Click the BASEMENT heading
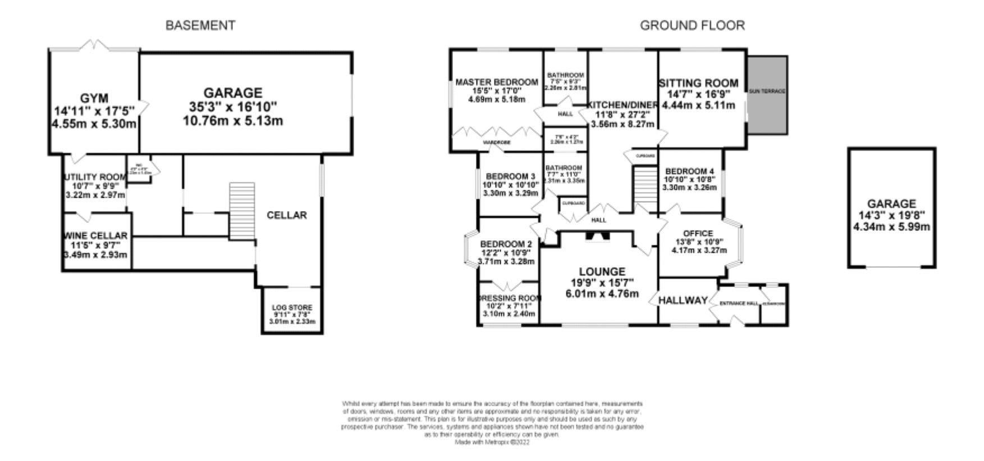coord(200,25)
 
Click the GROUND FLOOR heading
coord(692,25)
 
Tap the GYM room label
coord(94,99)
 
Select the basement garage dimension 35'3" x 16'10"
coord(232,107)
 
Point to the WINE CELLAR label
coord(96,235)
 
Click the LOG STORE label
coord(292,307)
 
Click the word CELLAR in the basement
coord(286,215)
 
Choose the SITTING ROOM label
coord(698,84)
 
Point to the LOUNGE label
coord(601,272)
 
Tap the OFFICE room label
coord(698,233)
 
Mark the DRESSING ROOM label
coord(510,298)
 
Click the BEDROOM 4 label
coord(689,171)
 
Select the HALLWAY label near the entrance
coord(683,300)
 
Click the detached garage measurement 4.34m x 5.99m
coord(891,227)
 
